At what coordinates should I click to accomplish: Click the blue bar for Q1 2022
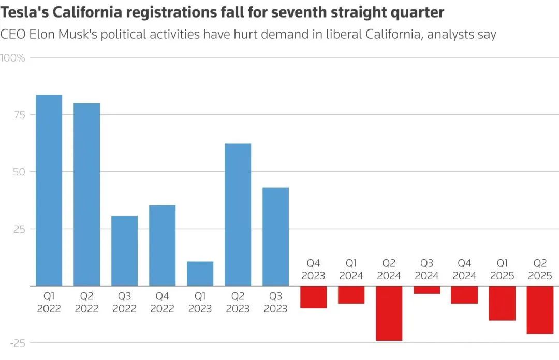pos(49,190)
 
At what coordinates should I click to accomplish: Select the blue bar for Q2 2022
pos(86,194)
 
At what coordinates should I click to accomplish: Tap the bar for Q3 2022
pos(124,250)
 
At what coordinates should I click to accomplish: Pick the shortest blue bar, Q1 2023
pos(200,273)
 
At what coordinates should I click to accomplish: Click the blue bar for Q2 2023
pos(238,214)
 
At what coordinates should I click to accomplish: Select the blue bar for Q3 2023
pos(275,236)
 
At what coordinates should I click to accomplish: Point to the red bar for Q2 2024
pos(389,313)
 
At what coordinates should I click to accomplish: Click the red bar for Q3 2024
pos(426,290)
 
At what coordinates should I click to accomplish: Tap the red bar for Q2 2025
pos(540,309)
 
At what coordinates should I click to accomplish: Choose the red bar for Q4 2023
pos(313,297)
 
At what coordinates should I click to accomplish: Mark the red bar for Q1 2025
pos(502,303)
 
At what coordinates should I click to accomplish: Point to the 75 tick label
pos(19,115)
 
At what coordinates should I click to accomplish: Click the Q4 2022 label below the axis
pos(162,303)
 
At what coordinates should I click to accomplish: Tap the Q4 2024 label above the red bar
pos(464,269)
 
